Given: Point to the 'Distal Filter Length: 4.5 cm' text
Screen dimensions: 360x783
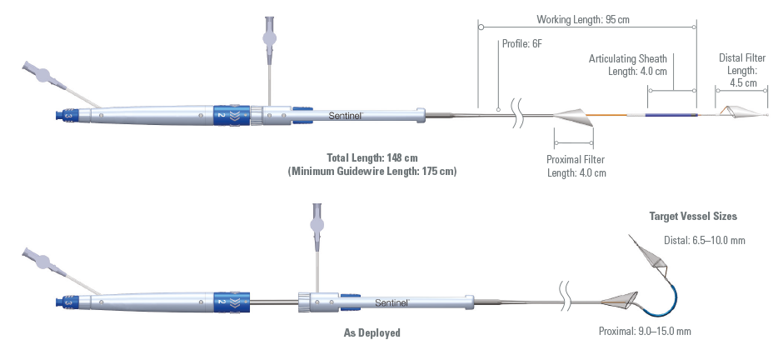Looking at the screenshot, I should tap(737, 70).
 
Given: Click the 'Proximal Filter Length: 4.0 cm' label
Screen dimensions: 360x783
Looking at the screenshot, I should tap(576, 166).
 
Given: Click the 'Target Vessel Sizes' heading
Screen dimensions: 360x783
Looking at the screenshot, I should tap(693, 216).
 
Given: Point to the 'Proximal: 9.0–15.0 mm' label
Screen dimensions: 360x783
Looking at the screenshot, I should tap(646, 331).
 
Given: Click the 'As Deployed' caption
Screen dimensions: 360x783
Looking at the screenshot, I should tap(372, 332).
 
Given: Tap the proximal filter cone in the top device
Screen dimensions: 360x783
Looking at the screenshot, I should tap(575, 117).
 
